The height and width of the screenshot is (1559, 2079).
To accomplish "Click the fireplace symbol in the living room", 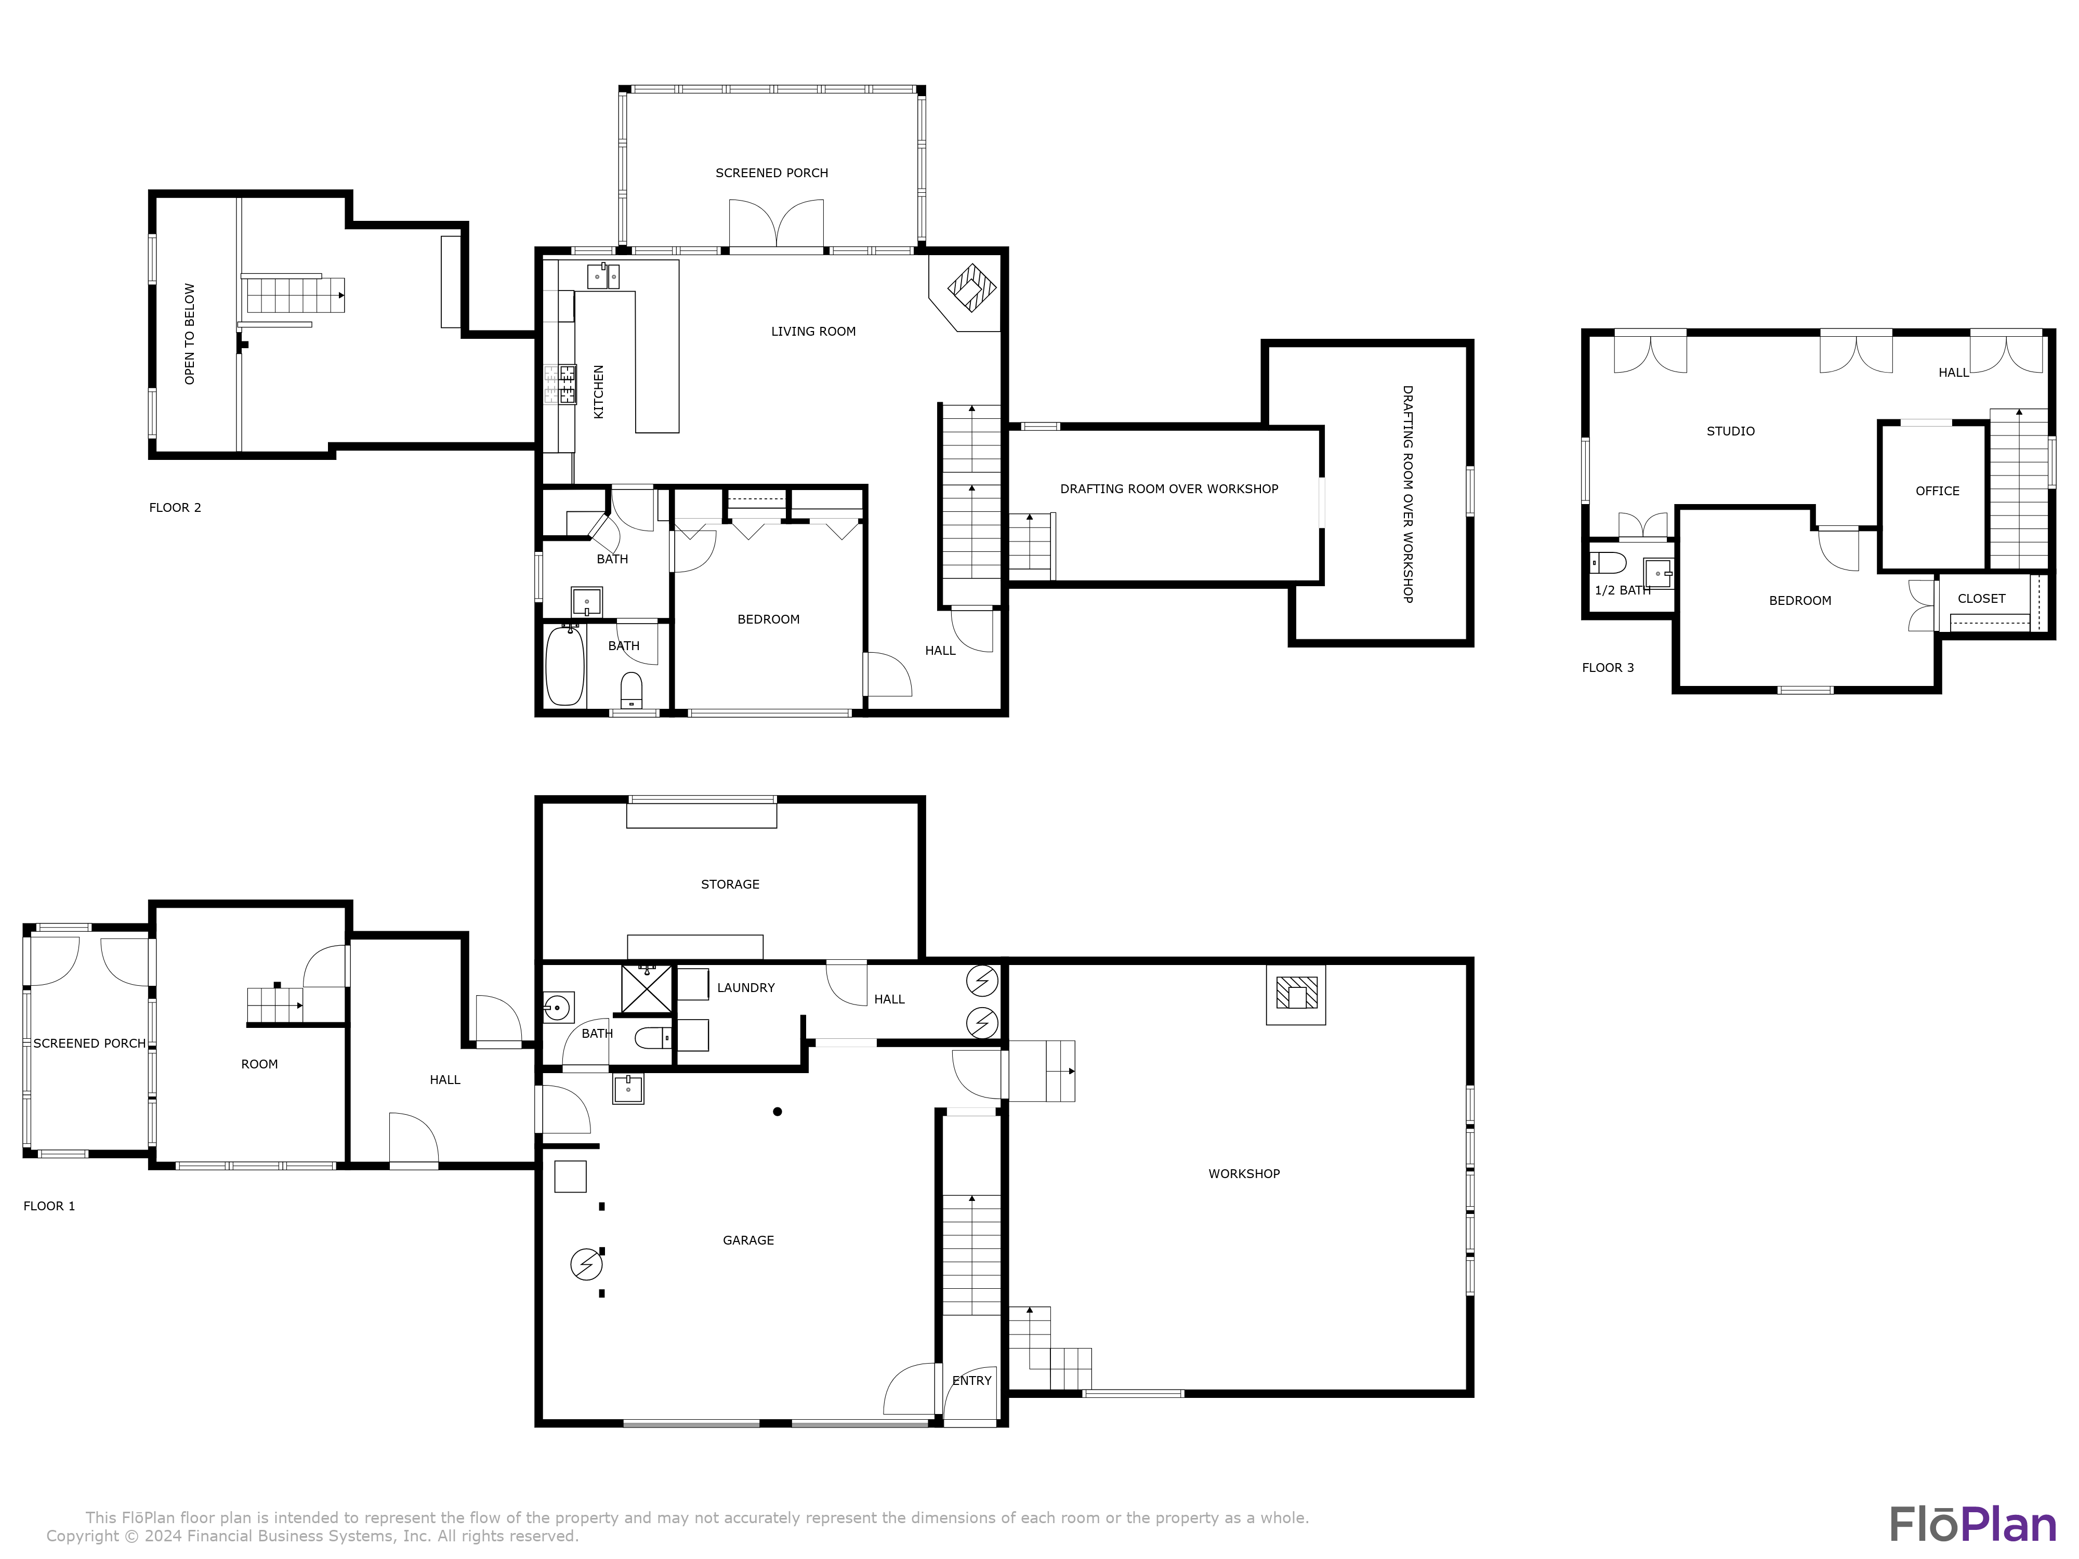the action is coord(971,287).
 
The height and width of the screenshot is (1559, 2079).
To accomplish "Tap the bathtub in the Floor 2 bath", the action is coord(565,666).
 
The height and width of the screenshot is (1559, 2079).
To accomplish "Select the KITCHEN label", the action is coord(599,391).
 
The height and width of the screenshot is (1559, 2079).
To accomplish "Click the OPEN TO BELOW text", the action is coord(190,334).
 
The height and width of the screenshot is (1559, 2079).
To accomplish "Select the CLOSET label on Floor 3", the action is coord(1981,599).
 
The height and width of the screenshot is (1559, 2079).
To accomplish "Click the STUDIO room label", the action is coord(1730,431).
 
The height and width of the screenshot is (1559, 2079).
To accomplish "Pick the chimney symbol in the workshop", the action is coord(1296,993).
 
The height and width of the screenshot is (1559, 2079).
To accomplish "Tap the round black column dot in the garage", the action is coord(777,1112).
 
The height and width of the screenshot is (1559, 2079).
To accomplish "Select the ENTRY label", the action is coord(972,1380).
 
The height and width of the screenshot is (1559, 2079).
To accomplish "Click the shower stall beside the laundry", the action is coord(647,988).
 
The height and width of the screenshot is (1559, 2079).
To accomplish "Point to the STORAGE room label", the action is coord(730,884).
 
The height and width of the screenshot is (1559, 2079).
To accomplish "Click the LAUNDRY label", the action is coord(746,988).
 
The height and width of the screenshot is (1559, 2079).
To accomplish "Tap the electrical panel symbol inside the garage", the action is coord(586,1265).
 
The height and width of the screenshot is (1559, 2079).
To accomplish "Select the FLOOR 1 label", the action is coord(49,1206).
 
